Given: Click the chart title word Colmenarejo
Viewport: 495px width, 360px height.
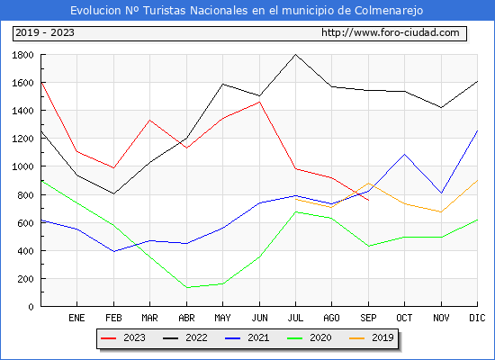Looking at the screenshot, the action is pos(389,11).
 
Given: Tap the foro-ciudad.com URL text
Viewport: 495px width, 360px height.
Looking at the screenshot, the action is pos(391,32).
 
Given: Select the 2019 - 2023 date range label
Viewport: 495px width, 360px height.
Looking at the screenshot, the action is pos(45,32).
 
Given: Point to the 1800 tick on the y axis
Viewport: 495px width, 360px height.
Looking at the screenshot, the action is pos(22,55).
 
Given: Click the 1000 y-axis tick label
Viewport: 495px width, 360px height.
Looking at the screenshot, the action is pos(22,166).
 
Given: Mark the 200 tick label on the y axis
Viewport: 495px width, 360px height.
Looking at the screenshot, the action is pos(25,279).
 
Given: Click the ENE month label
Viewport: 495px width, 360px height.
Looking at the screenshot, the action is pos(76,318).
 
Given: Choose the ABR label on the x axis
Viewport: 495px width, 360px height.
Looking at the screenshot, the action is pos(186,318).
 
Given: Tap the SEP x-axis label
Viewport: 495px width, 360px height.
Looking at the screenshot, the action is pos(368,318).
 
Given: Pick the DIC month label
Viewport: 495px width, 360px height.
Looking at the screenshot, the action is pos(477,318).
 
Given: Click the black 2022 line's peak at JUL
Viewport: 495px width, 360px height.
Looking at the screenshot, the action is pos(295,55).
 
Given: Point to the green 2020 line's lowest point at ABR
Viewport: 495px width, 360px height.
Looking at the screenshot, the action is pos(187,287).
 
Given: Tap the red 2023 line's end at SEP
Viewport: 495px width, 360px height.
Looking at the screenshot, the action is pos(368,200).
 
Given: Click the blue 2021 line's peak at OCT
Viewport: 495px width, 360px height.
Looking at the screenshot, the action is pos(404,154).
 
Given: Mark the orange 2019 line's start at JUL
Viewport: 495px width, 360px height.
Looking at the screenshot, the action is pos(295,199).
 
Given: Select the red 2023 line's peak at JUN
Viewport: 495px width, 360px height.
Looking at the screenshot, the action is pos(259,102).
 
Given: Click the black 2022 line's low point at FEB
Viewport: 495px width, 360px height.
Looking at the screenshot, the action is pos(113,193).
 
